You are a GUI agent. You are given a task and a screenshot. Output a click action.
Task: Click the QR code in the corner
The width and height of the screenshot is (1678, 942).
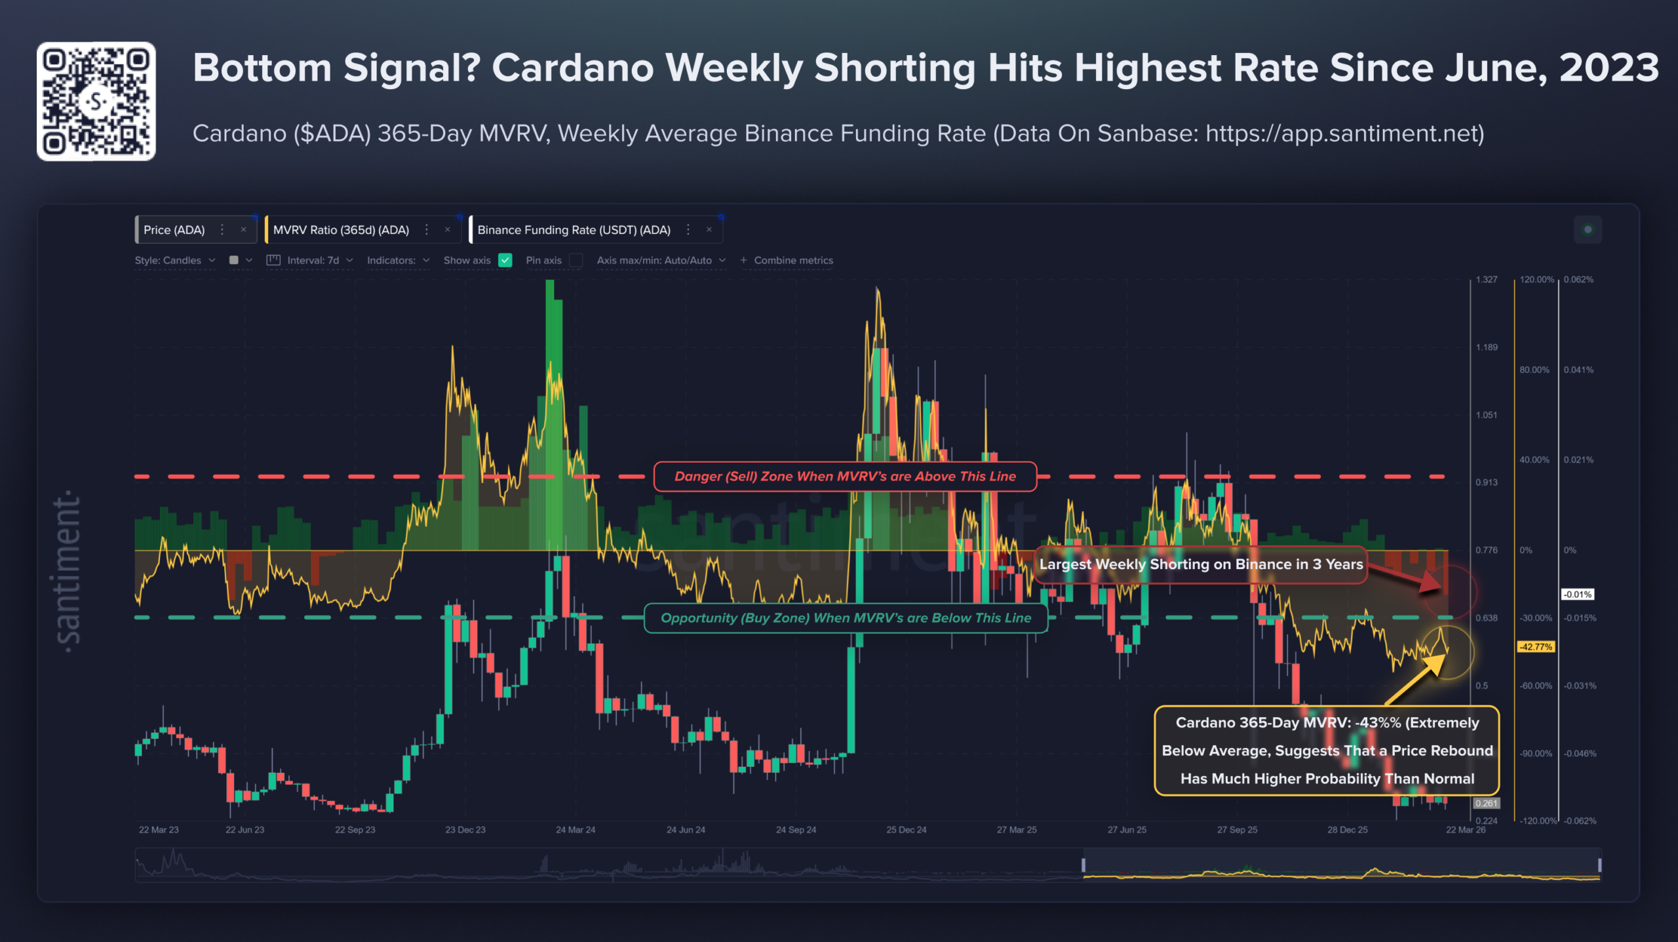[x=96, y=101]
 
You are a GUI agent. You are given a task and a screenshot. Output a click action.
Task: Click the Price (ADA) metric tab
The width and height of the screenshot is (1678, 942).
[x=174, y=230]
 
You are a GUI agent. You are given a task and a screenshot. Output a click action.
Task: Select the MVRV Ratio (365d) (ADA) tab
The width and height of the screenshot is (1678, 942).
[x=341, y=230]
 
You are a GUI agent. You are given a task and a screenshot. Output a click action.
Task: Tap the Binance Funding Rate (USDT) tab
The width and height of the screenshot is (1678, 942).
[x=574, y=230]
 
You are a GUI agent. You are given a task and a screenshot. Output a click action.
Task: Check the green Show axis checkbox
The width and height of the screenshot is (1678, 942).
[x=505, y=260]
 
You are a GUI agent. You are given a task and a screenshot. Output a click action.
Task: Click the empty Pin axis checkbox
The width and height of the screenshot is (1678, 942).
[x=576, y=260]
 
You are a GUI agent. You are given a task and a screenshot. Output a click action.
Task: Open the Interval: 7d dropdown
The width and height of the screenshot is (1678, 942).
[x=313, y=260]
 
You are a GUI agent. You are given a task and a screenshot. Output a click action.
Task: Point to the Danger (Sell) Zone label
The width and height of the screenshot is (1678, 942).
[x=845, y=477]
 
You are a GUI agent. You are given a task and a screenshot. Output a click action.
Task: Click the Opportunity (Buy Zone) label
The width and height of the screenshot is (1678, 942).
[x=846, y=618]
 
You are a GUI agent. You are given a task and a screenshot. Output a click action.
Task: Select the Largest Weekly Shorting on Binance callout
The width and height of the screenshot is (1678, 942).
[x=1201, y=564]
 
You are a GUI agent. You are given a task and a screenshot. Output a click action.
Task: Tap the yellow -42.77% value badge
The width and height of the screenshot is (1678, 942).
[x=1536, y=647]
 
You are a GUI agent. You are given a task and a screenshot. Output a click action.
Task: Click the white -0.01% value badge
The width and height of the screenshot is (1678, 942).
[x=1577, y=595]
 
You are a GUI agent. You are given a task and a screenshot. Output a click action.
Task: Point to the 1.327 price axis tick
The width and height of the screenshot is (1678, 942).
[x=1487, y=280]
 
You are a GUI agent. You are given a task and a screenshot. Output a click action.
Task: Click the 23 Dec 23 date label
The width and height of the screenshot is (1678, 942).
[x=465, y=830]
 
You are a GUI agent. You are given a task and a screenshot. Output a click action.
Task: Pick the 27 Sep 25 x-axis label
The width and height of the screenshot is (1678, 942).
[x=1237, y=830]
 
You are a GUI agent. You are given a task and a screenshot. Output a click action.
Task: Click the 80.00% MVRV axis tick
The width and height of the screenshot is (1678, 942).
[x=1534, y=370]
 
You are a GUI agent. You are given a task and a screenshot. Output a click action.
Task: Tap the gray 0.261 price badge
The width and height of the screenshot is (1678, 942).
[x=1486, y=804]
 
